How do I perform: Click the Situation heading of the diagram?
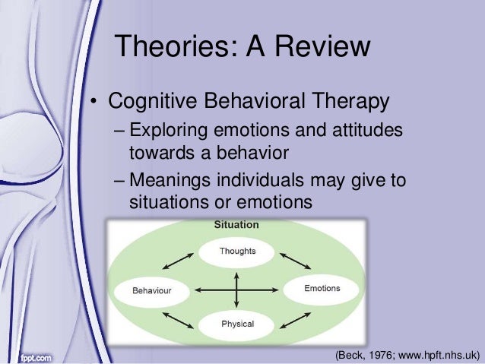(x=237, y=226)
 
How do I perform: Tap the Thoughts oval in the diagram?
(x=237, y=252)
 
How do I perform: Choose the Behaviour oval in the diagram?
(x=152, y=290)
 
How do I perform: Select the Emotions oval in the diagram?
(x=322, y=289)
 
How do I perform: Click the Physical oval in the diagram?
(x=237, y=324)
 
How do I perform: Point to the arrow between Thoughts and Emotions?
(x=296, y=260)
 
